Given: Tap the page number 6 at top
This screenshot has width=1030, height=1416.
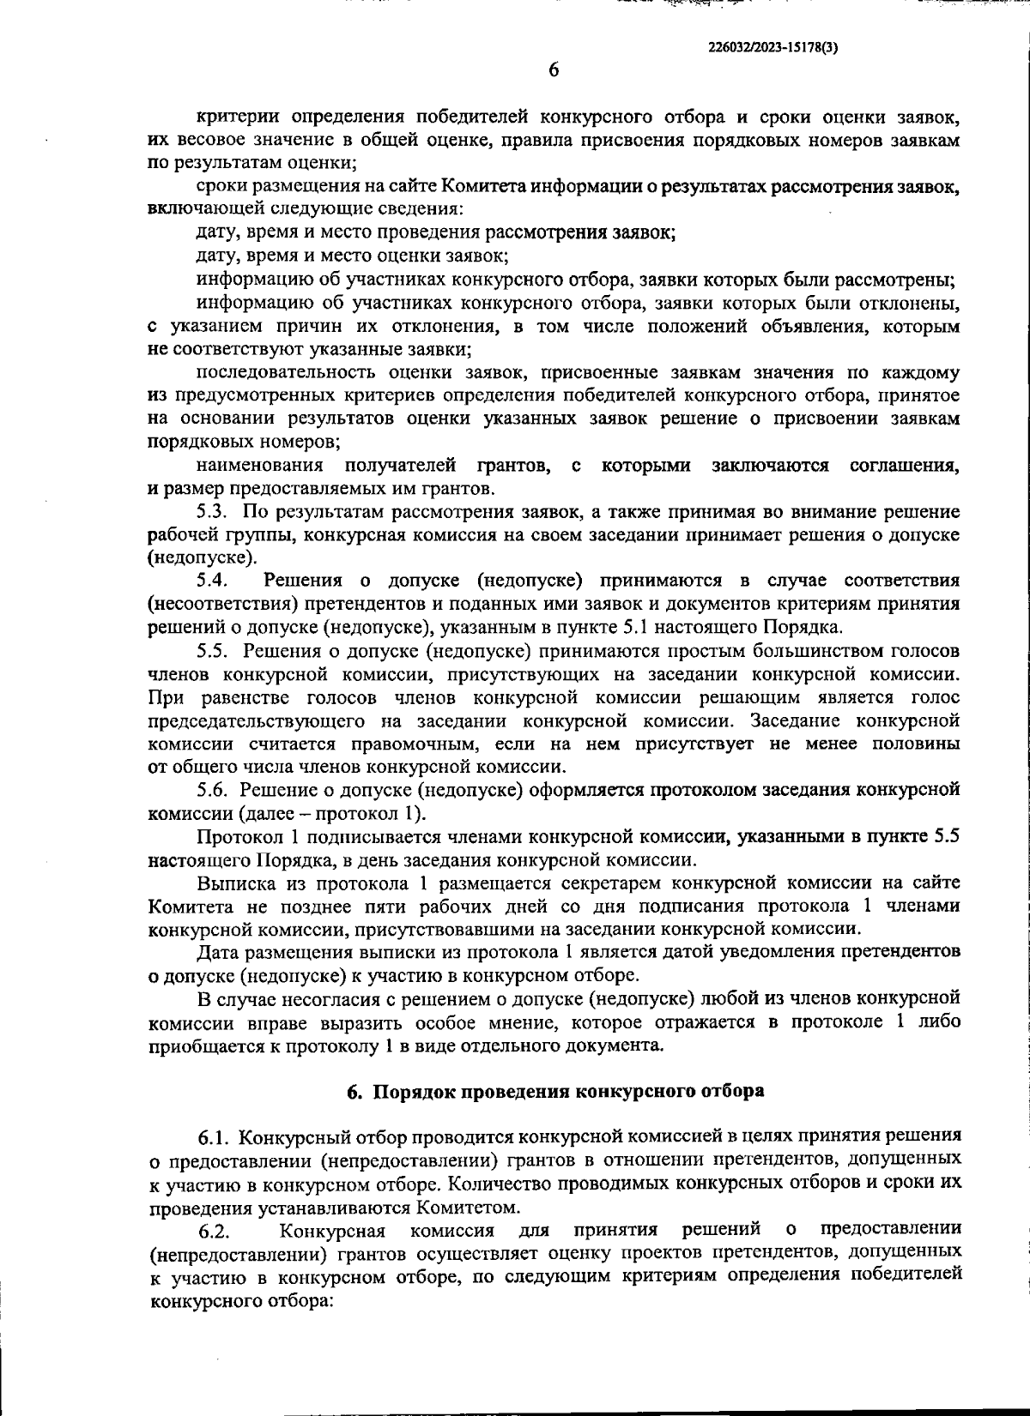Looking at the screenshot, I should tap(554, 69).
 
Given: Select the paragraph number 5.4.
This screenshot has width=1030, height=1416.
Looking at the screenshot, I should tap(210, 581).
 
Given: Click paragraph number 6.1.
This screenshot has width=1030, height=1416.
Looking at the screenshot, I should tap(213, 1137).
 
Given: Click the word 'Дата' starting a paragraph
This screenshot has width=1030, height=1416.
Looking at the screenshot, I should tap(217, 952).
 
